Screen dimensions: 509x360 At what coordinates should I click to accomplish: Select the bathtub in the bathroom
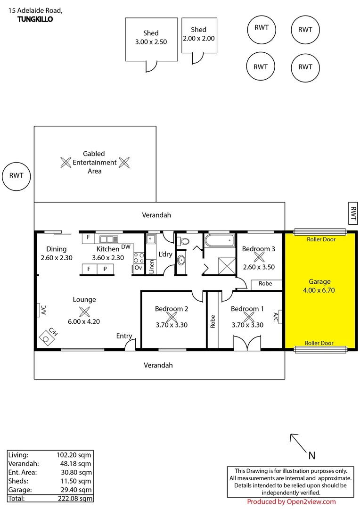219,240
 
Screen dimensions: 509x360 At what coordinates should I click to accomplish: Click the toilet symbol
183,241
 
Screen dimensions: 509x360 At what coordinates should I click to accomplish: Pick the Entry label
124,336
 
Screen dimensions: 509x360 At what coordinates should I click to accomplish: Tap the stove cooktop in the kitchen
139,257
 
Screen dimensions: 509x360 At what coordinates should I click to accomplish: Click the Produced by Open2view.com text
291,502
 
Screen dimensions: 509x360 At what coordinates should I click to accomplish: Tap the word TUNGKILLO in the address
35,19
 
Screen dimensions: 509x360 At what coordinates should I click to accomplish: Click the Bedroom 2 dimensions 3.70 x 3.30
172,325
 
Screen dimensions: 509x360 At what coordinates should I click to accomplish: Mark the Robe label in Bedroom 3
265,284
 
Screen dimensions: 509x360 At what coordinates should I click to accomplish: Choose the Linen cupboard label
151,267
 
